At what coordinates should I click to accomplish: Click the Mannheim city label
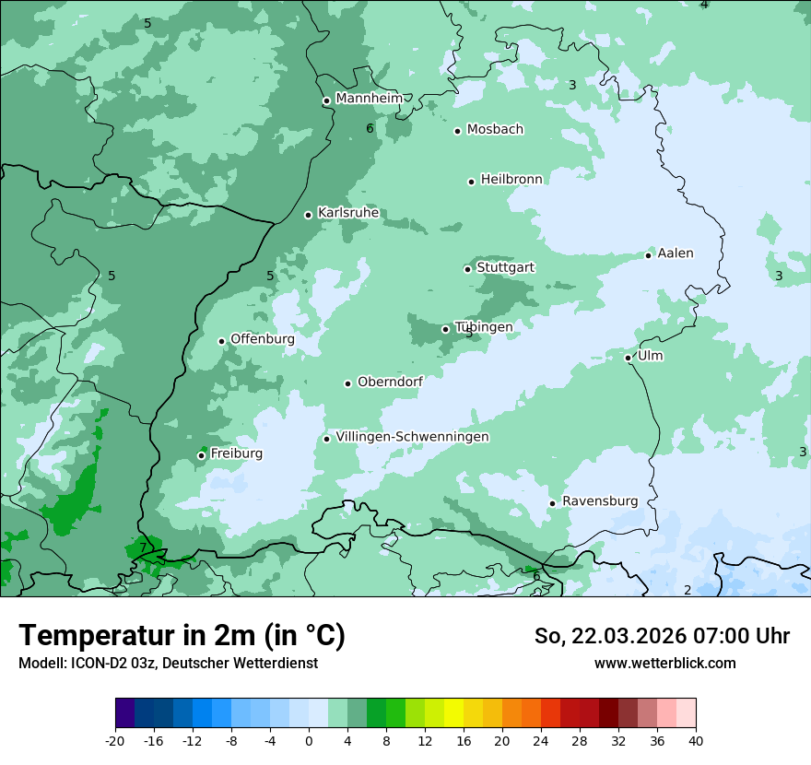click(369, 99)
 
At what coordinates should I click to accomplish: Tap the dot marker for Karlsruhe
click(309, 215)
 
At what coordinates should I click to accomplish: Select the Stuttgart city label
click(505, 267)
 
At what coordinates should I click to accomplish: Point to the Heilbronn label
click(511, 179)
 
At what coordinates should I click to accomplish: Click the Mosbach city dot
click(457, 131)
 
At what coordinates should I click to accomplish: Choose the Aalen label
click(675, 253)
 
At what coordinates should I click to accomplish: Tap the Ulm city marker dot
click(629, 358)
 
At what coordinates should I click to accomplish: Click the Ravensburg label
click(599, 500)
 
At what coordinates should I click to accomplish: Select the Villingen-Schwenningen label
click(412, 436)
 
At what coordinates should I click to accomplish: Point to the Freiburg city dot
click(201, 455)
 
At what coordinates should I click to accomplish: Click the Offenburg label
click(262, 338)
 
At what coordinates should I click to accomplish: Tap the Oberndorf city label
click(390, 381)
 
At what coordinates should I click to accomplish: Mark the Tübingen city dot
click(446, 329)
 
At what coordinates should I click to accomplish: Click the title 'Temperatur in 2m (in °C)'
click(182, 635)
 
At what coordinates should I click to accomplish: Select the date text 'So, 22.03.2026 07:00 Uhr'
click(662, 636)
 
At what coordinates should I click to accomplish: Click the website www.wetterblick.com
click(664, 663)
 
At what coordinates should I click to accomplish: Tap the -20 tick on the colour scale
click(115, 740)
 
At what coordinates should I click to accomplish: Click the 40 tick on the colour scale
click(695, 740)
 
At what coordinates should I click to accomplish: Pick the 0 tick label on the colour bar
click(309, 740)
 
